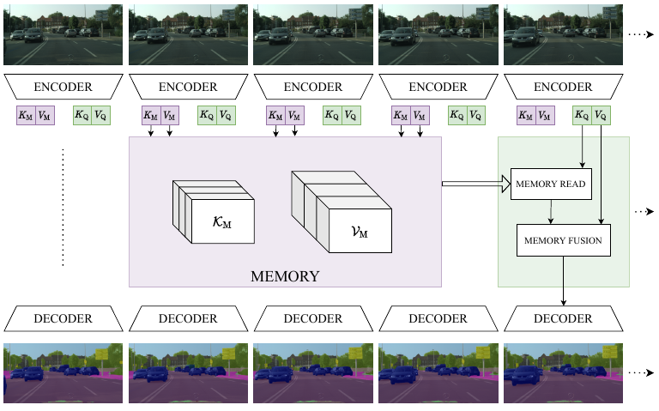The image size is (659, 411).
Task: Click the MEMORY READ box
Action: (x=551, y=184)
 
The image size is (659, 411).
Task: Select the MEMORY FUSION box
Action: (x=563, y=240)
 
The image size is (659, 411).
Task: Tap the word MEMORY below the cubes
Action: (x=285, y=276)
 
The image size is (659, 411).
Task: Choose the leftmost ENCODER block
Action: (x=63, y=87)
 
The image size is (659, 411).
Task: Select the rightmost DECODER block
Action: (x=563, y=318)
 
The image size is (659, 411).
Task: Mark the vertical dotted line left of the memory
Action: (x=63, y=208)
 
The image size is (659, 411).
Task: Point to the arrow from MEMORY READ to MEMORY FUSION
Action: (x=552, y=212)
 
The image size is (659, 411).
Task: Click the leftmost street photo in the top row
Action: (x=63, y=33)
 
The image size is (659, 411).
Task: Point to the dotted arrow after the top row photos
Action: (x=640, y=34)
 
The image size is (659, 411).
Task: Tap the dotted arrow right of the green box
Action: (x=644, y=212)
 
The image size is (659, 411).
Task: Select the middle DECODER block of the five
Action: (x=312, y=318)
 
